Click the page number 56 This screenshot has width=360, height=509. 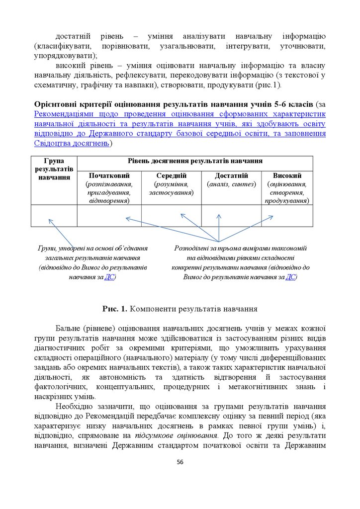click(x=180, y=462)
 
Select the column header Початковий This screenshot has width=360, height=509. click(x=109, y=175)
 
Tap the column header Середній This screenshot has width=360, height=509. click(x=171, y=175)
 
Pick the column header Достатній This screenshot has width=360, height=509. click(x=231, y=175)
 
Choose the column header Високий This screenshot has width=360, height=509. click(x=287, y=175)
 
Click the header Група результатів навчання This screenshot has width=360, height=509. click(x=54, y=169)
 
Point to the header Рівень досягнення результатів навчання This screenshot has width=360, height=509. click(x=195, y=161)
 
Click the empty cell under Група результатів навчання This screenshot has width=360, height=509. click(x=54, y=216)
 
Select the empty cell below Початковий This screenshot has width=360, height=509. click(x=109, y=216)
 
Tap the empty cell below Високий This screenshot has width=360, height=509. click(x=287, y=216)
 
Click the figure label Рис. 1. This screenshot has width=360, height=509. click(x=114, y=309)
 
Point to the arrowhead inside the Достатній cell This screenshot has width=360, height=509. click(x=219, y=215)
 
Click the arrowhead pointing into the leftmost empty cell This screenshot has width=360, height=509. click(x=49, y=220)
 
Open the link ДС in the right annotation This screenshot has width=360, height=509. click(x=291, y=277)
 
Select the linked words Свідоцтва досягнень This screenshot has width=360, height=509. click(x=72, y=143)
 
